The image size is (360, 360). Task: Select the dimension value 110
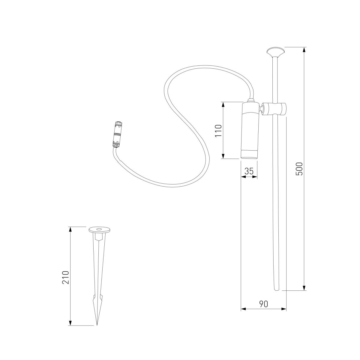pos(218,130)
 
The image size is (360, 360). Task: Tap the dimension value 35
pos(249,171)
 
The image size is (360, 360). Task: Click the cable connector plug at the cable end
pos(117,134)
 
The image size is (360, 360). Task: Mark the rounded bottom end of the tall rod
pos(277,289)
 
